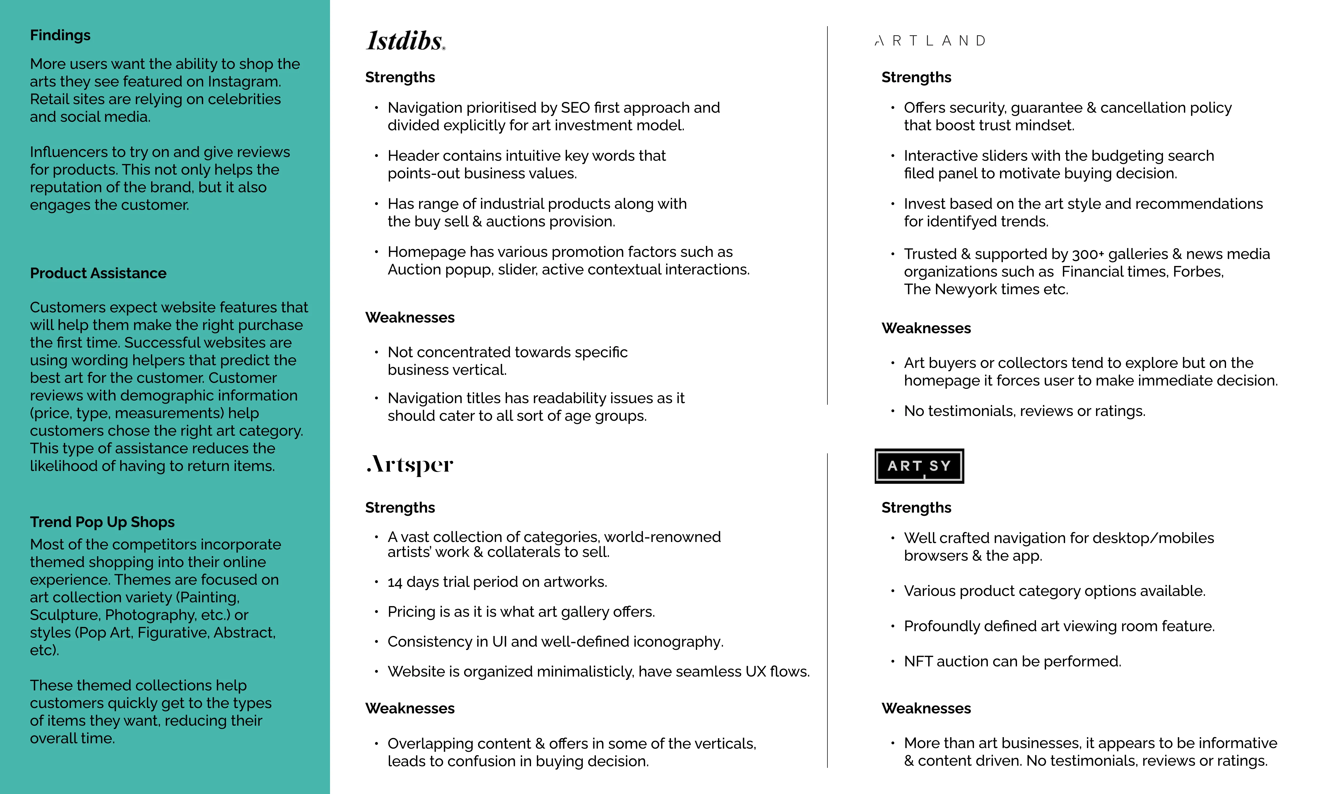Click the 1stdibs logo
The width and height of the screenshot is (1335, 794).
[x=406, y=41]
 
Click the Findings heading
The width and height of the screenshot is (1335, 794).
[x=60, y=35]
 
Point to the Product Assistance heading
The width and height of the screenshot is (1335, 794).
[x=98, y=273]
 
